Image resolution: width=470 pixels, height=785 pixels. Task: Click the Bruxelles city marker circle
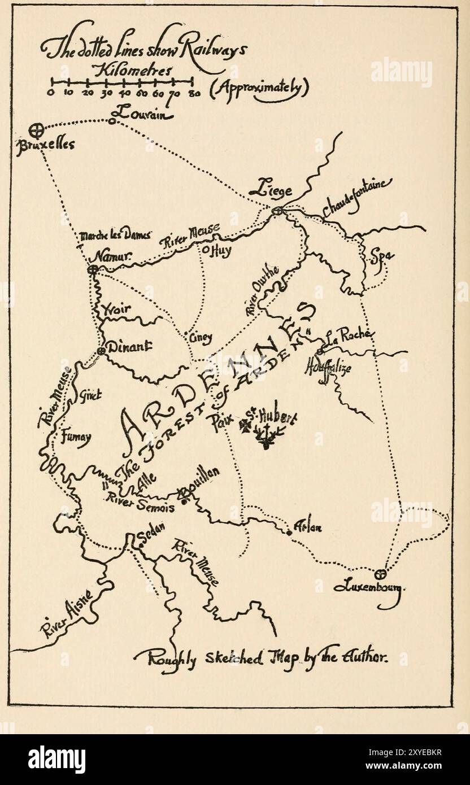[36, 131]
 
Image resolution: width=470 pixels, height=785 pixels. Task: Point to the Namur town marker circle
[93, 270]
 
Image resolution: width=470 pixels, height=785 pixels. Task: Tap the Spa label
[381, 257]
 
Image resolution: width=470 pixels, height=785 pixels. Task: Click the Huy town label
[220, 251]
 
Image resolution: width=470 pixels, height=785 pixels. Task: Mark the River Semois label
[140, 504]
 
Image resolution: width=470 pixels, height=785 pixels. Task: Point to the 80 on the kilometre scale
[193, 94]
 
